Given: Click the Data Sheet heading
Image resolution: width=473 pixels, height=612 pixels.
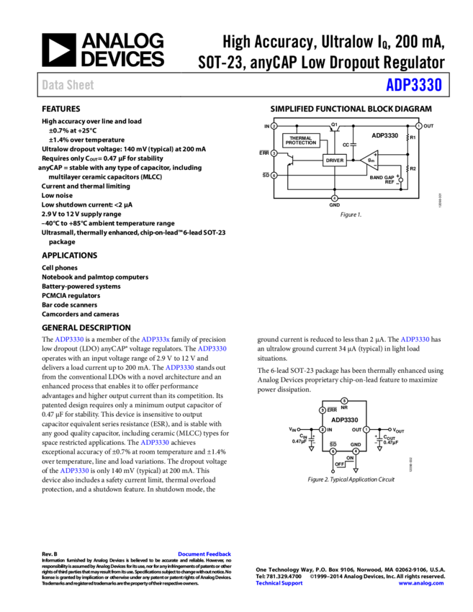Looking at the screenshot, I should click(x=68, y=85).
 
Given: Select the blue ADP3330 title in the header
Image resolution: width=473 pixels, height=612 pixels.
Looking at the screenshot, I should click(x=413, y=85).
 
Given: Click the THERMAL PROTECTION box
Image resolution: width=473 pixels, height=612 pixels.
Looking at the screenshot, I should click(x=301, y=140).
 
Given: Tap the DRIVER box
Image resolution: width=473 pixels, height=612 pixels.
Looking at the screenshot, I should click(x=335, y=161).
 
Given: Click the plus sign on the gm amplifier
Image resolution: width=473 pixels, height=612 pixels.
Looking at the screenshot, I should click(x=376, y=154).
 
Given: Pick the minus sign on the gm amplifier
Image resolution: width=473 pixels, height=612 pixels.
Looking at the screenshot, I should click(x=376, y=166).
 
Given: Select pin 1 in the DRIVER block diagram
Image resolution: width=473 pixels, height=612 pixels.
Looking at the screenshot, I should click(x=419, y=126).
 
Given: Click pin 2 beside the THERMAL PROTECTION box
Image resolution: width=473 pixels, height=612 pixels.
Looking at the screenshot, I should click(x=274, y=126).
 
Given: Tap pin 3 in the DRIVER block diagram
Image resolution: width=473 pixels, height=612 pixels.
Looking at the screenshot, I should click(x=274, y=153).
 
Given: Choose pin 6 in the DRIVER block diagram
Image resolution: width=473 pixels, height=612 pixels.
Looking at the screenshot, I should click(x=274, y=175).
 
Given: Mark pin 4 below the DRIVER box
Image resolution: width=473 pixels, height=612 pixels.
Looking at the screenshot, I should click(x=335, y=198).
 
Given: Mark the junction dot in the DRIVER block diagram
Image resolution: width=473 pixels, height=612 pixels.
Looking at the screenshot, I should click(x=401, y=180).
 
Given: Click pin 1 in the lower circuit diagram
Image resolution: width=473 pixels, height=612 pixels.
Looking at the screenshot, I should click(x=366, y=430).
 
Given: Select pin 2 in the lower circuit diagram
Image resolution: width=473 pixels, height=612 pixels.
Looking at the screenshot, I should click(x=323, y=430).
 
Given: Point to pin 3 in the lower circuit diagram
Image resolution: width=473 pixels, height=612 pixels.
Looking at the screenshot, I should click(x=323, y=410).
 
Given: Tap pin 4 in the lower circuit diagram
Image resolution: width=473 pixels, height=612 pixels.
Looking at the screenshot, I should click(x=356, y=451).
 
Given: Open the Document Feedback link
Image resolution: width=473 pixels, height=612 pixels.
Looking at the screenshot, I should click(x=204, y=554).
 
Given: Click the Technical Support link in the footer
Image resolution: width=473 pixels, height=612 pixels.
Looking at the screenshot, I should click(x=279, y=583).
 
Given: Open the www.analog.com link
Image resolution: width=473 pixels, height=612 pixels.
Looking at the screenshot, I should click(x=421, y=583).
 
